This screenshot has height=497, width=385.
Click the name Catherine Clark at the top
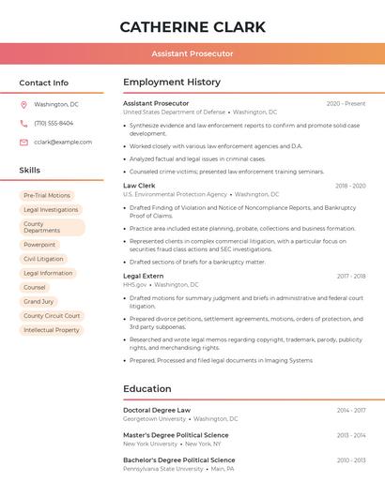192,26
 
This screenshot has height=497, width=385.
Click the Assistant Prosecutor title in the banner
192,53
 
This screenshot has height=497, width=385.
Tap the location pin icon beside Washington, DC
23,104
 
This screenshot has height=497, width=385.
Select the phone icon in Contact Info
23,123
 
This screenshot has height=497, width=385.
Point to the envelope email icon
23,142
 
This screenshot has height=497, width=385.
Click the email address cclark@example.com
63,142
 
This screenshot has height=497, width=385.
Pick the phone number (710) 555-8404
54,123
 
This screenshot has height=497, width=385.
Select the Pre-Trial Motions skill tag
47,195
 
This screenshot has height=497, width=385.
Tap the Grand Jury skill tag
38,301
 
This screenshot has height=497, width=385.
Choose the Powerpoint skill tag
39,244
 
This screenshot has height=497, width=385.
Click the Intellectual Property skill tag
52,330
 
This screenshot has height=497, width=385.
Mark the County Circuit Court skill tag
52,316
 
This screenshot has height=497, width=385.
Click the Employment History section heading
172,83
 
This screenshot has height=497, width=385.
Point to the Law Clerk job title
139,186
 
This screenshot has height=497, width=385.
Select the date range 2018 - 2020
350,187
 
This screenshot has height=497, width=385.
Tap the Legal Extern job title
143,276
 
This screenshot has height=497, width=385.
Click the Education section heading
147,389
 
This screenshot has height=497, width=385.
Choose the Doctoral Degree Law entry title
157,410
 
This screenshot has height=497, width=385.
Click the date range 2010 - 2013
351,460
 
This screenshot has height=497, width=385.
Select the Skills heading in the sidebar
30,171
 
